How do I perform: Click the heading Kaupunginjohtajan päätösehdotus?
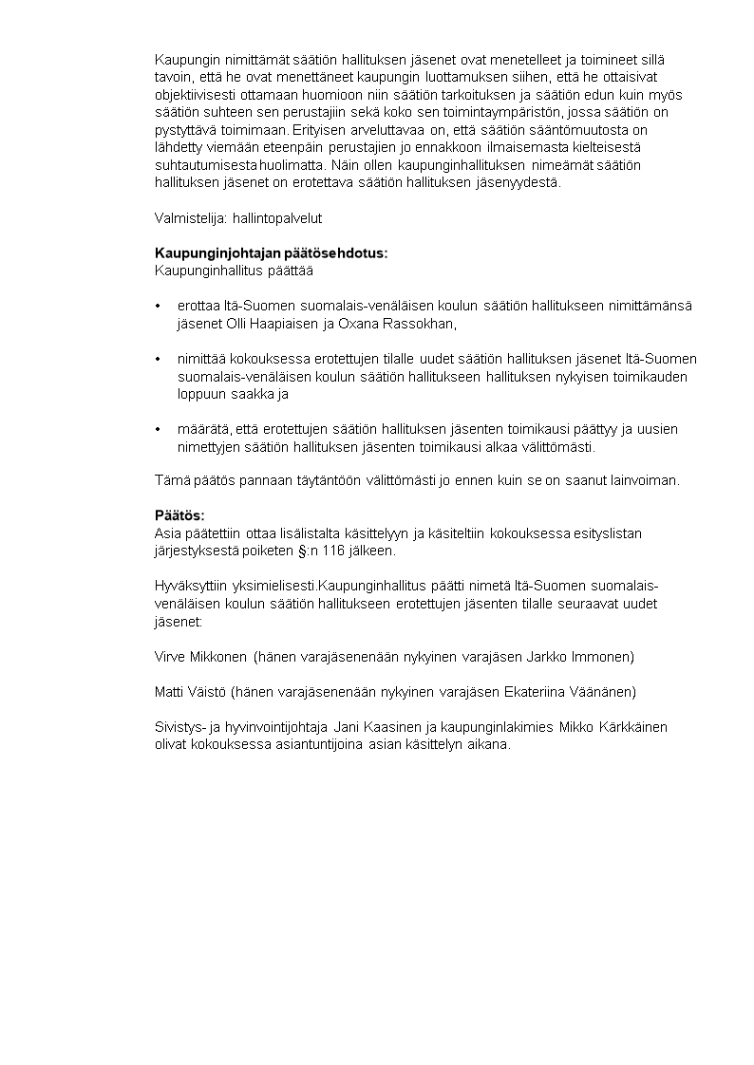[x=272, y=253]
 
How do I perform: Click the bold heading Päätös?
[x=179, y=515]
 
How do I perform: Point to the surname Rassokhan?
[x=417, y=324]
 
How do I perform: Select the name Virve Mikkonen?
[x=201, y=657]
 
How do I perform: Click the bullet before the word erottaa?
[x=158, y=307]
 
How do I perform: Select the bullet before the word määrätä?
[x=158, y=430]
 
